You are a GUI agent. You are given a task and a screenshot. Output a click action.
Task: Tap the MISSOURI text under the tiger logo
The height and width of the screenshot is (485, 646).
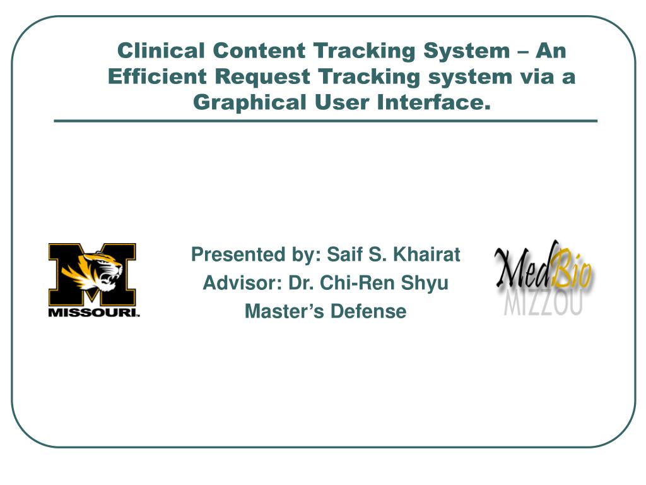tap(93, 313)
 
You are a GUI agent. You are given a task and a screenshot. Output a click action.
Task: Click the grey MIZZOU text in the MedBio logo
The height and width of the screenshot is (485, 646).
tap(544, 302)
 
